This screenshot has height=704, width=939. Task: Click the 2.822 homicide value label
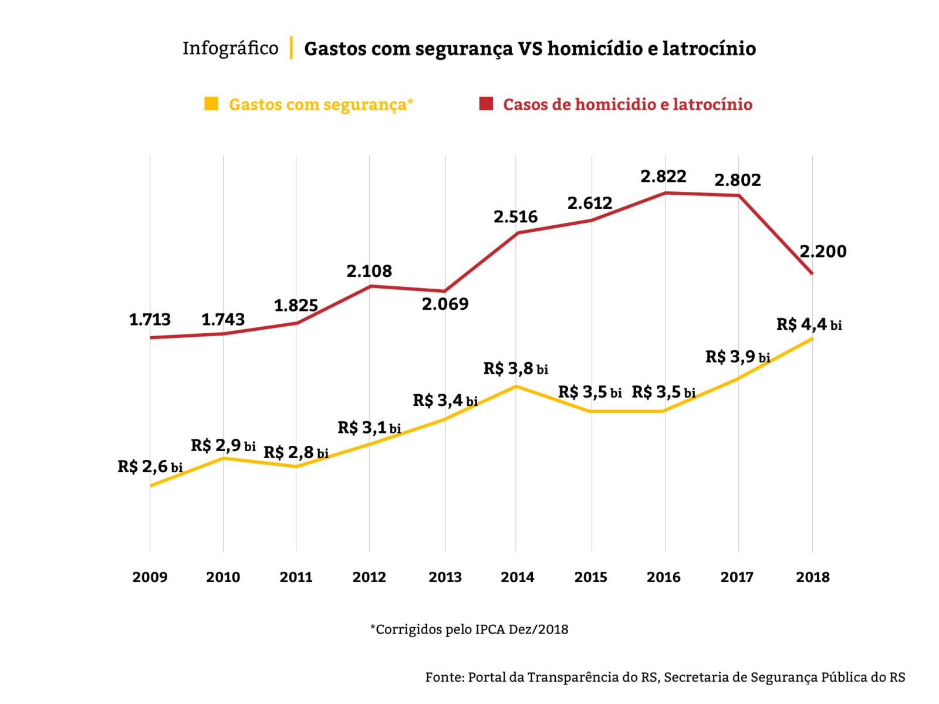663,177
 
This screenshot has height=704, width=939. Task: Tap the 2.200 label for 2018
823,252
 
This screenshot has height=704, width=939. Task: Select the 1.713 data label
150,320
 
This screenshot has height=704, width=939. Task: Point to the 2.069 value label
445,304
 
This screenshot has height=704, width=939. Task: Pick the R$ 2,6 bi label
150,467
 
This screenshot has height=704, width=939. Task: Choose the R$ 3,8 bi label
515,368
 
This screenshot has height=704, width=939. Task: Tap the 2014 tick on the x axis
517,577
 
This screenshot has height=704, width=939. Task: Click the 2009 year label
150,577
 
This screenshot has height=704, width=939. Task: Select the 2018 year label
812,577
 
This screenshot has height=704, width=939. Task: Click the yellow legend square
211,104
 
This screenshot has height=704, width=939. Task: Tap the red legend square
486,104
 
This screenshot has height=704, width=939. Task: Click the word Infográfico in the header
230,48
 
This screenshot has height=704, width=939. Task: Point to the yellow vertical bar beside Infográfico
291,48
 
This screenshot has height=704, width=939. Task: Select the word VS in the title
530,48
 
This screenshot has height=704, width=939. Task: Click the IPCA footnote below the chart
469,629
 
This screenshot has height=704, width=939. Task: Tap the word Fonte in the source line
444,677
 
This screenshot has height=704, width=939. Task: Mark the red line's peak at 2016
665,192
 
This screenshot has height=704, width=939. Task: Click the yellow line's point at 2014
516,386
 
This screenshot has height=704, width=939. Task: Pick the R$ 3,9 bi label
737,357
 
